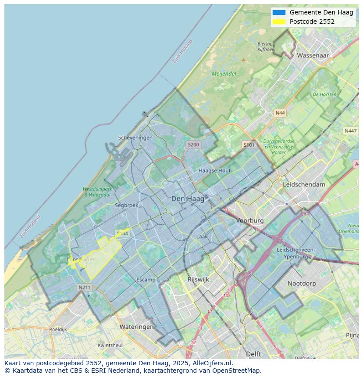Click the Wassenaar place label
pos(313,56)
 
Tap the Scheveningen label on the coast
pos(135,137)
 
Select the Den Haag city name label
pos(188,199)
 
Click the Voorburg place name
pos(250,220)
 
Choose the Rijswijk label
pos(198,279)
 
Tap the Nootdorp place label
pos(302,284)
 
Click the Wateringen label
pos(136,327)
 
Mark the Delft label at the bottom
pos(253,354)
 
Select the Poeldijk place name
pos(58,329)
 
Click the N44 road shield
pos(280,113)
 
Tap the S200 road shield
pos(193,144)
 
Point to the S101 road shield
pos(249,145)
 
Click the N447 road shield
pos(350,131)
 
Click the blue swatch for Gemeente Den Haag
pos(278,12)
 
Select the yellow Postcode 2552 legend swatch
pos(278,22)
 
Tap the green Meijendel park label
pos(224,74)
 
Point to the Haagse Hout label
pos(214,170)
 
